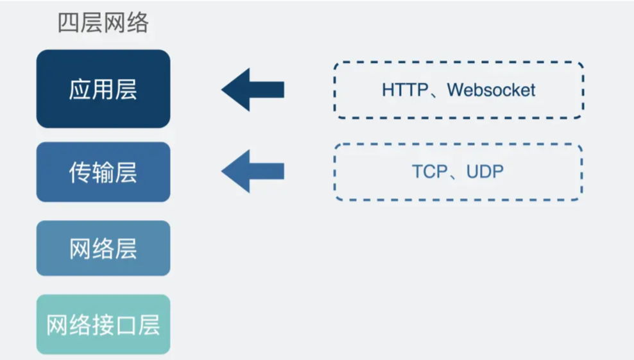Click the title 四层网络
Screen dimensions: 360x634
(103, 24)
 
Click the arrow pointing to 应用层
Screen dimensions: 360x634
(253, 89)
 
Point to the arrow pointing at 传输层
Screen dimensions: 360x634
(253, 171)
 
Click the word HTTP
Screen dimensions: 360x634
(404, 90)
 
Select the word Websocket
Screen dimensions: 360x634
(491, 90)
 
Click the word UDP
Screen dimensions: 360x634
(485, 172)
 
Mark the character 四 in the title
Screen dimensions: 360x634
(69, 24)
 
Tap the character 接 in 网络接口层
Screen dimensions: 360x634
(103, 325)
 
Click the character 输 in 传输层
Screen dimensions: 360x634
(103, 172)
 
